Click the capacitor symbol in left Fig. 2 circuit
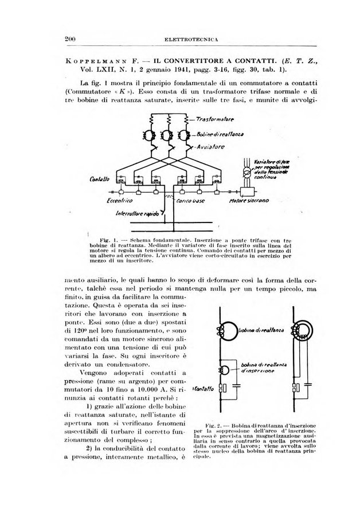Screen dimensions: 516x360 click(222, 388)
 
